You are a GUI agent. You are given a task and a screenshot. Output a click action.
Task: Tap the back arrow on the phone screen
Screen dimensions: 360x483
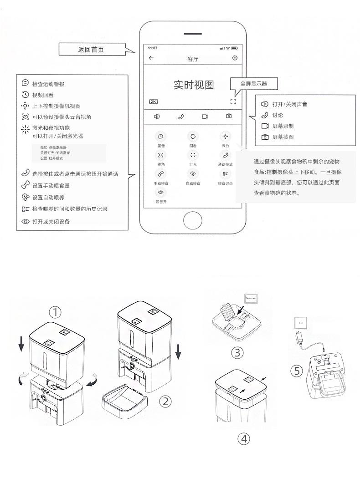pos(151,58)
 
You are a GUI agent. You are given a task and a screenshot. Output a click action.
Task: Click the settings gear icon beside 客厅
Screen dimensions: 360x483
pos(235,58)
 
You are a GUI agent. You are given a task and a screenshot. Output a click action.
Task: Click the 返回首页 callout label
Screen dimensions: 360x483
pos(91,50)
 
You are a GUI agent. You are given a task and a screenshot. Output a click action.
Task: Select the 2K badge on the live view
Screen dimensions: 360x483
pos(153,101)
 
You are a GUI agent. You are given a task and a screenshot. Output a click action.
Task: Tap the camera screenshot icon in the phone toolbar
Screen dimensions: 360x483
pos(229,117)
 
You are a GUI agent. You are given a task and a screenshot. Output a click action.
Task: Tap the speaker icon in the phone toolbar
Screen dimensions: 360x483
pos(157,117)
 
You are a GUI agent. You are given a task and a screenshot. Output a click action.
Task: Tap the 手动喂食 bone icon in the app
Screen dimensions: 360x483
pos(160,173)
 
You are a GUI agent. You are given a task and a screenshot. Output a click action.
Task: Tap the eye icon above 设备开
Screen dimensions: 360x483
pos(160,193)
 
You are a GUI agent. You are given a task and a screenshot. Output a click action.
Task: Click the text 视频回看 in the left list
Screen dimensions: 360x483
pos(43,95)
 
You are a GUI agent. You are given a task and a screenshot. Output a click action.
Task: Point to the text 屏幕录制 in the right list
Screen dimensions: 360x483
pos(283,126)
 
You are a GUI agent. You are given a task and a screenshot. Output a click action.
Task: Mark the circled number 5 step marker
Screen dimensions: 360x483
pos(297,371)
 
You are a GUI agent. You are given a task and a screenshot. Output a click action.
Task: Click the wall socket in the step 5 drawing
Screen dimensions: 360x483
pos(300,322)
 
